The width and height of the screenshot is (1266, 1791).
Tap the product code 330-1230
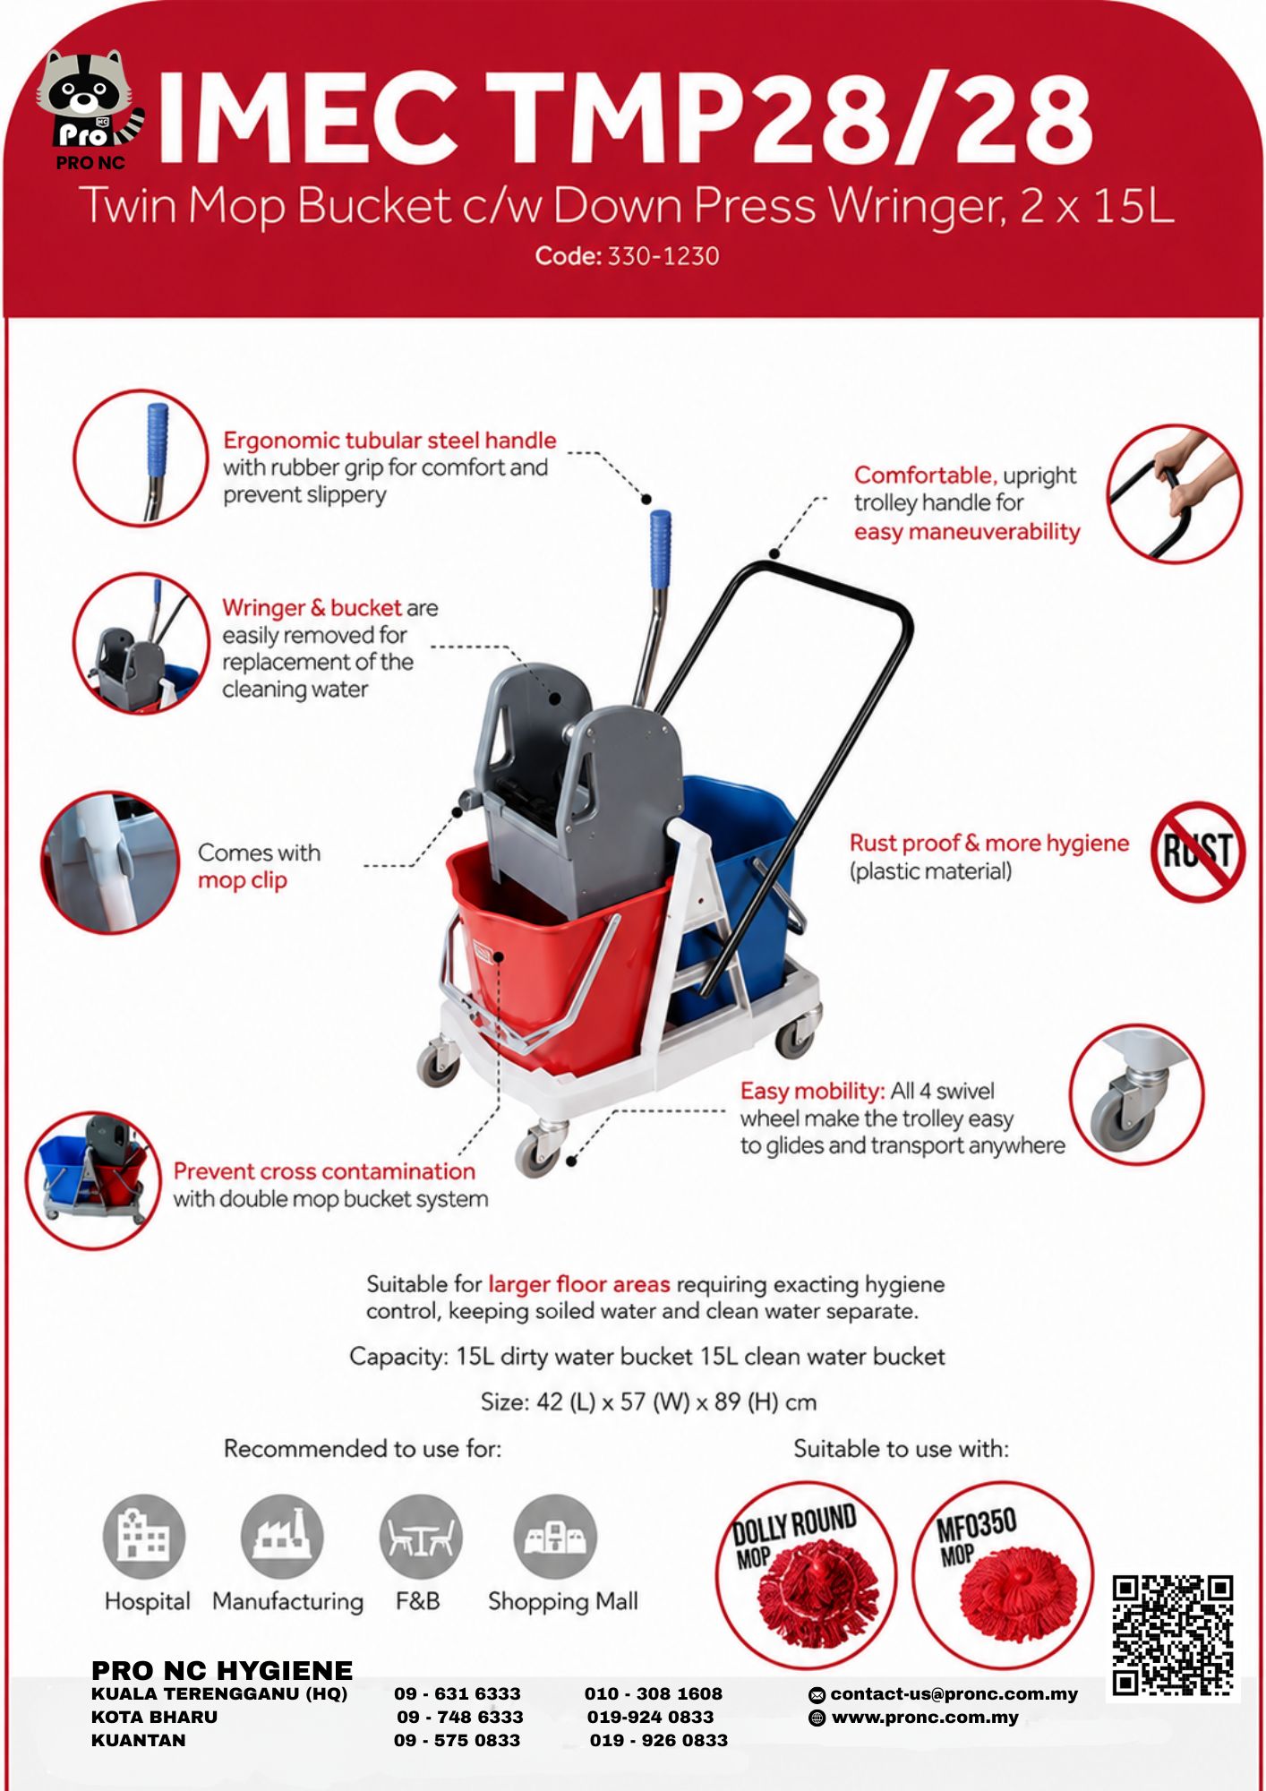coord(663,256)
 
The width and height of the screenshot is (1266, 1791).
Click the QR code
coord(1173,1635)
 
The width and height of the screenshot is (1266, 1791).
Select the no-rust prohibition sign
coord(1198,852)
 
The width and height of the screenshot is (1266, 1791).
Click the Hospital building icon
coord(144,1537)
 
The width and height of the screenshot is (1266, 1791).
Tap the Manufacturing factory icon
coord(282,1537)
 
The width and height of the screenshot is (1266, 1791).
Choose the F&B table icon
coord(421,1537)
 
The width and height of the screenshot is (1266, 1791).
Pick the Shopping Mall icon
coord(555,1537)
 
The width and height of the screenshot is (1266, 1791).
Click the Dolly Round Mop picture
coord(806,1576)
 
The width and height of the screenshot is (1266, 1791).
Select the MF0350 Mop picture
coord(1003,1576)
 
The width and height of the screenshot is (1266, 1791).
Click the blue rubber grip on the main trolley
coord(660,549)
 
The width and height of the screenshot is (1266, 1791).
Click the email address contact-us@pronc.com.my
coord(954,1694)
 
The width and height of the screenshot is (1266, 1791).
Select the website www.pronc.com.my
coord(925,1718)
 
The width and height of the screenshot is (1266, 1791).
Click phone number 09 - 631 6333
coord(458,1694)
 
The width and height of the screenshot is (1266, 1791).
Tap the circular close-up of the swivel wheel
coord(1137,1094)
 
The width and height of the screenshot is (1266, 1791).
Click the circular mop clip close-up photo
coord(110,862)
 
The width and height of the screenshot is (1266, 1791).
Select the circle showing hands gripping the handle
coord(1175,493)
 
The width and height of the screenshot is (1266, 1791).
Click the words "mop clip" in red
coord(243,881)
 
